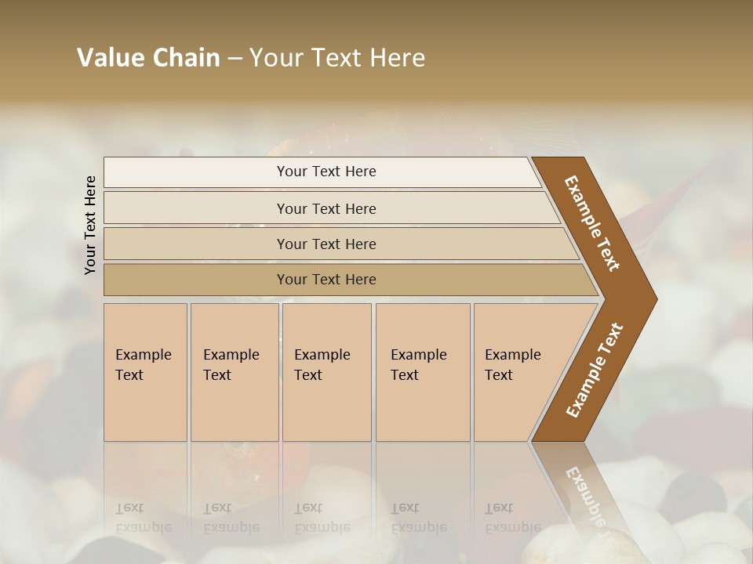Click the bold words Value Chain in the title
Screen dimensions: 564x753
148,58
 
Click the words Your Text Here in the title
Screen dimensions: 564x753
337,58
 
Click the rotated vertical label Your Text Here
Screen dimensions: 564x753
90,225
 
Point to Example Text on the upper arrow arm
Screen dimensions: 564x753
592,223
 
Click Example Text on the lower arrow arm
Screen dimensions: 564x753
594,370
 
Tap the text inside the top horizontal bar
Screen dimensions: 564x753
326,172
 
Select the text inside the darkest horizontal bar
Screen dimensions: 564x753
326,280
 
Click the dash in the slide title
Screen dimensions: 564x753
235,58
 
